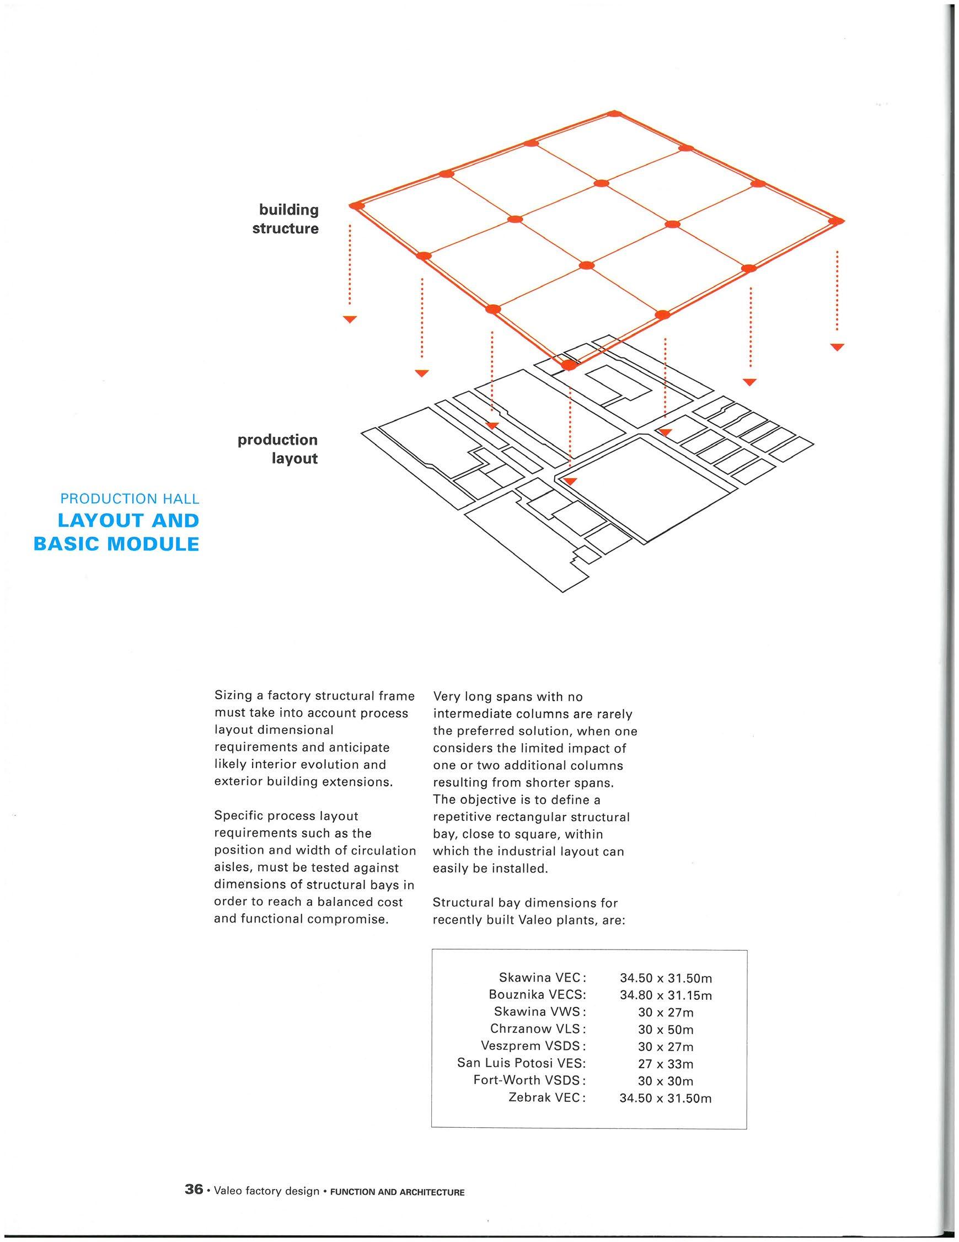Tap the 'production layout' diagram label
278,449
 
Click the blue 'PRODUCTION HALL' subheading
130,499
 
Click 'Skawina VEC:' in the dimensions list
542,978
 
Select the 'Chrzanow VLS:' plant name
538,1028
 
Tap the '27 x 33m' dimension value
666,1063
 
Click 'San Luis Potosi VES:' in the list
521,1063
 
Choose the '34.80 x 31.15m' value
666,995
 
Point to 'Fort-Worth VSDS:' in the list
529,1080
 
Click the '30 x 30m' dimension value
666,1080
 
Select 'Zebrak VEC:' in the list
547,1097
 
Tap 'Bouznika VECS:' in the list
537,995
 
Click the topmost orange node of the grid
613,114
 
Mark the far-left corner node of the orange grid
356,205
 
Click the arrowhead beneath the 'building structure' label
350,319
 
